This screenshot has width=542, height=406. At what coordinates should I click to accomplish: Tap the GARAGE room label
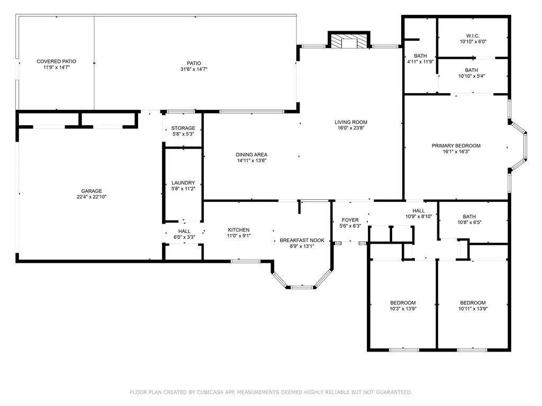coord(92,191)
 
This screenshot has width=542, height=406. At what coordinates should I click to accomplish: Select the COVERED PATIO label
coord(56,61)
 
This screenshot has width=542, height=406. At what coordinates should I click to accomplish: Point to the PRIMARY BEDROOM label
coord(456,146)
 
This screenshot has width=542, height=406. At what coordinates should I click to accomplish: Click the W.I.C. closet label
coord(473,36)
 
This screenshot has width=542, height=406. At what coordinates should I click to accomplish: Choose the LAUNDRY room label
coord(183,182)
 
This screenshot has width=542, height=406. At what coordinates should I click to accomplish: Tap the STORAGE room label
coord(183,128)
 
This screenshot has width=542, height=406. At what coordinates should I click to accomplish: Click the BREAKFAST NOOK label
coord(302,241)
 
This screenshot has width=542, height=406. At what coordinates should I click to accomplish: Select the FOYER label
coord(350,220)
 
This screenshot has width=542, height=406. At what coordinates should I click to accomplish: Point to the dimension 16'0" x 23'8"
coord(351,128)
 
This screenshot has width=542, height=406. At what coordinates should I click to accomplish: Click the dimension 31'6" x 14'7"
coord(194,69)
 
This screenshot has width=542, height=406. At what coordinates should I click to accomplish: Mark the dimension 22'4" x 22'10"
coord(92,197)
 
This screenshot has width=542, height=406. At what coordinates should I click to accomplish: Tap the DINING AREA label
coord(251,155)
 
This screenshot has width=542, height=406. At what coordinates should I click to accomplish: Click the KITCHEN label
coord(239,230)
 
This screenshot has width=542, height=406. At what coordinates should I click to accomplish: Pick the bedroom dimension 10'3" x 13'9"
coord(403,309)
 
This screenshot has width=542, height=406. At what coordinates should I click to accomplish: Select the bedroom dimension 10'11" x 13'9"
coord(473,309)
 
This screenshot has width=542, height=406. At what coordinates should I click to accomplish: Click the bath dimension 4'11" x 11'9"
coord(420,62)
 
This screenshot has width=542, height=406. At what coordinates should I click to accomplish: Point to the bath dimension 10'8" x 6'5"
coord(469,223)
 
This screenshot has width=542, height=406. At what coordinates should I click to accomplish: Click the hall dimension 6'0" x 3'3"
coord(184,237)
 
